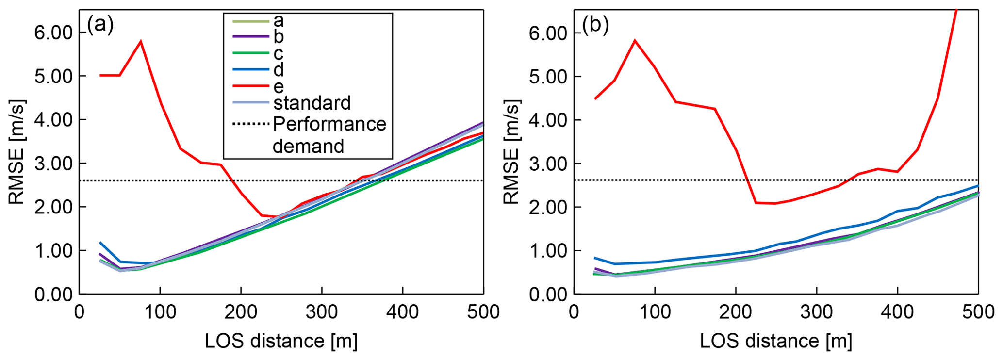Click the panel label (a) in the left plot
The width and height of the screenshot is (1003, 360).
coord(100,25)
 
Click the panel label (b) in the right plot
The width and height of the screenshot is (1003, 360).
coord(595,26)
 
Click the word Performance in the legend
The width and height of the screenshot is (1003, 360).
coord(329,124)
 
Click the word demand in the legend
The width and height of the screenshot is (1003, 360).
coord(308,146)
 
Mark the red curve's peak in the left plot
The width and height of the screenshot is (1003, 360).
coord(141,42)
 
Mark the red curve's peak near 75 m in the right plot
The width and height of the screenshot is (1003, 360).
coord(635,40)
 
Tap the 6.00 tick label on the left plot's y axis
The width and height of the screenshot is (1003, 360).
coord(53,33)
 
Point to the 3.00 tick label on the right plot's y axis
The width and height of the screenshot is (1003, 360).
coord(548,164)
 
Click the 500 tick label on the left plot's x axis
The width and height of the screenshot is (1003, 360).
coord(483,311)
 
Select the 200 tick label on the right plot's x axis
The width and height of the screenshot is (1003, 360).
coord(736,311)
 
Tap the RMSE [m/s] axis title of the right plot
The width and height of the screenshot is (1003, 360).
coord(511,152)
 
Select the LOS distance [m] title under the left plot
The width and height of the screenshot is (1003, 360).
coord(281,341)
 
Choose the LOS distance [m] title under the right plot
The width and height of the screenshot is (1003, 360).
coord(776,341)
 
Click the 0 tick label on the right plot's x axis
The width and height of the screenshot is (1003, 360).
coord(574,311)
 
